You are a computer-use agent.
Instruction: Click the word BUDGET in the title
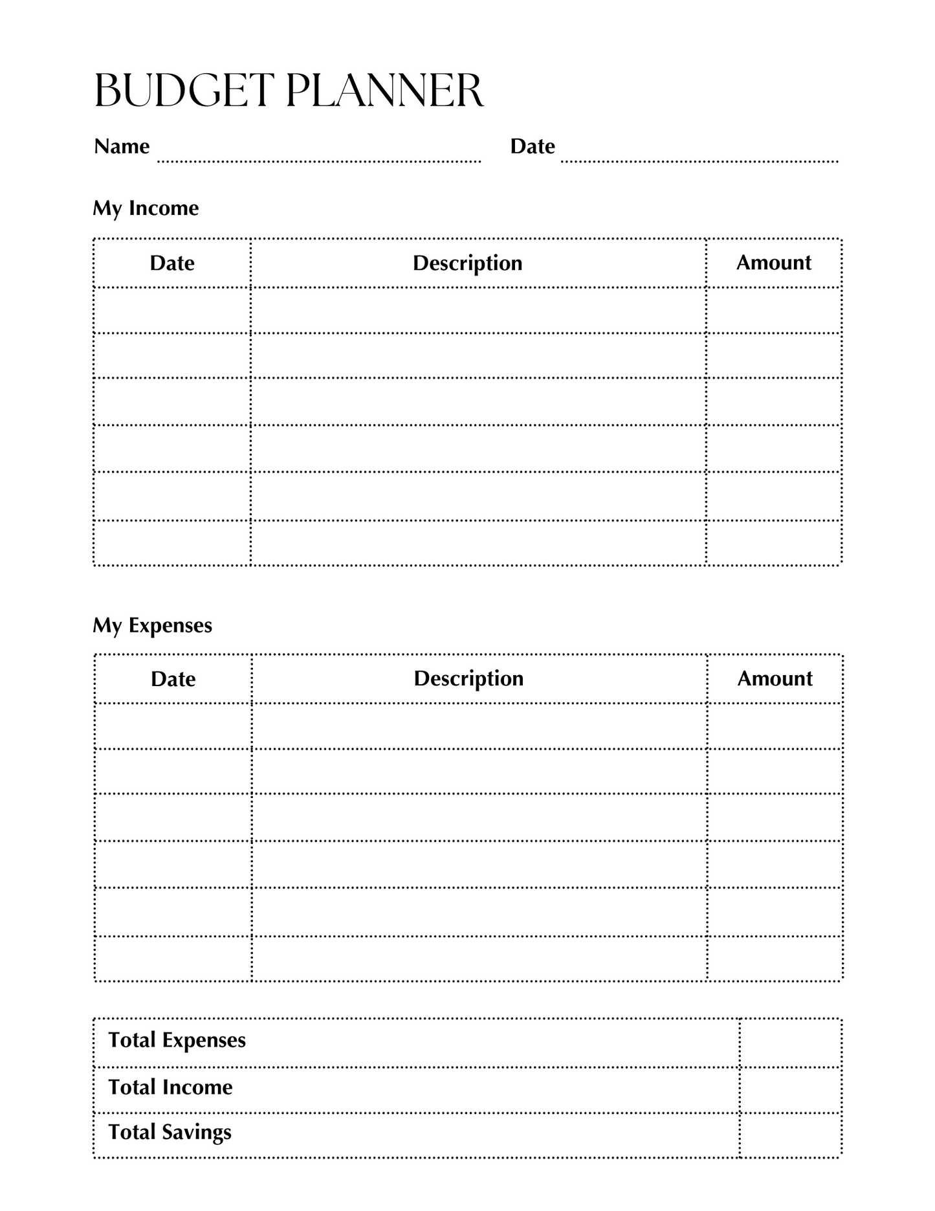(x=184, y=91)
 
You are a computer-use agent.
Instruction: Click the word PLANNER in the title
(x=384, y=91)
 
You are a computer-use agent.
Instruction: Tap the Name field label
(x=122, y=146)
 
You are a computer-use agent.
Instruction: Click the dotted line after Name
(x=319, y=161)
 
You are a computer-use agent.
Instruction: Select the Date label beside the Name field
(x=532, y=146)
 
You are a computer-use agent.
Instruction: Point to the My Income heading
(x=146, y=208)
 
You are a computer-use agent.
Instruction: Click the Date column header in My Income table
(x=172, y=263)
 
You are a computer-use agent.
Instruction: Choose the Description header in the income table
(x=467, y=263)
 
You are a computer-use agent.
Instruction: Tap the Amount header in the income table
(x=773, y=262)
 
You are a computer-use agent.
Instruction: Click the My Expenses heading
(x=152, y=625)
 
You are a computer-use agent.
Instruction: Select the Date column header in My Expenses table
(x=173, y=679)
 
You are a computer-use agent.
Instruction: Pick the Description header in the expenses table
(x=468, y=678)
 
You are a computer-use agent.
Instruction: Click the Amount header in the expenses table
(x=775, y=678)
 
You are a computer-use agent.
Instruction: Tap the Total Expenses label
(x=177, y=1040)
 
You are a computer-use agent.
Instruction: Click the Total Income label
(x=170, y=1087)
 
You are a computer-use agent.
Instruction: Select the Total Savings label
(x=170, y=1132)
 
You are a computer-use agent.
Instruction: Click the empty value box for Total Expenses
(x=790, y=1042)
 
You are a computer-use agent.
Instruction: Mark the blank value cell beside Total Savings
(x=790, y=1135)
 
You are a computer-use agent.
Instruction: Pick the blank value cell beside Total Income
(x=790, y=1089)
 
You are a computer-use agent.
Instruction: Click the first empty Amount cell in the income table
(x=773, y=310)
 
